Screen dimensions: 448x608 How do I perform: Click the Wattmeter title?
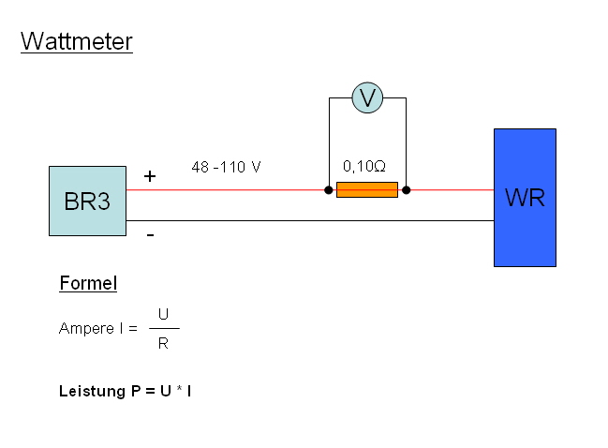point(76,41)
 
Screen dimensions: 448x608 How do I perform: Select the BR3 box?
point(87,201)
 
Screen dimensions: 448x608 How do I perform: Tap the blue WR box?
point(525,198)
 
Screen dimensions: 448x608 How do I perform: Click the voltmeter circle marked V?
point(367,97)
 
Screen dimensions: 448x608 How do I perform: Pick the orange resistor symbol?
point(367,190)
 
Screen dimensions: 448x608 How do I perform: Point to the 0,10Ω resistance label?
point(364,166)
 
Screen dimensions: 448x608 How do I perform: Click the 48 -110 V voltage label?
point(225,167)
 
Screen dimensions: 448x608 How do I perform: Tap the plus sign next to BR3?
point(150,176)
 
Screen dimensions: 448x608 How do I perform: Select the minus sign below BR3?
point(150,235)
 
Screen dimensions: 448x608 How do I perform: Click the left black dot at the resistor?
point(329,190)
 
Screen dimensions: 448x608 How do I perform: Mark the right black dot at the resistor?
point(406,190)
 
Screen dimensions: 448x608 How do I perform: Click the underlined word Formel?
point(88,283)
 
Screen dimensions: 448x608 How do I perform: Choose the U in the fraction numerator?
point(164,315)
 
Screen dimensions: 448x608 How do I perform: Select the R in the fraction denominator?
point(164,343)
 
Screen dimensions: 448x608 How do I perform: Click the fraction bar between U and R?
point(164,328)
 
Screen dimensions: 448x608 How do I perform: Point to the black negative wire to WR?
point(309,221)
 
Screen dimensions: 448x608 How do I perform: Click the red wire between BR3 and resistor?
point(225,190)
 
